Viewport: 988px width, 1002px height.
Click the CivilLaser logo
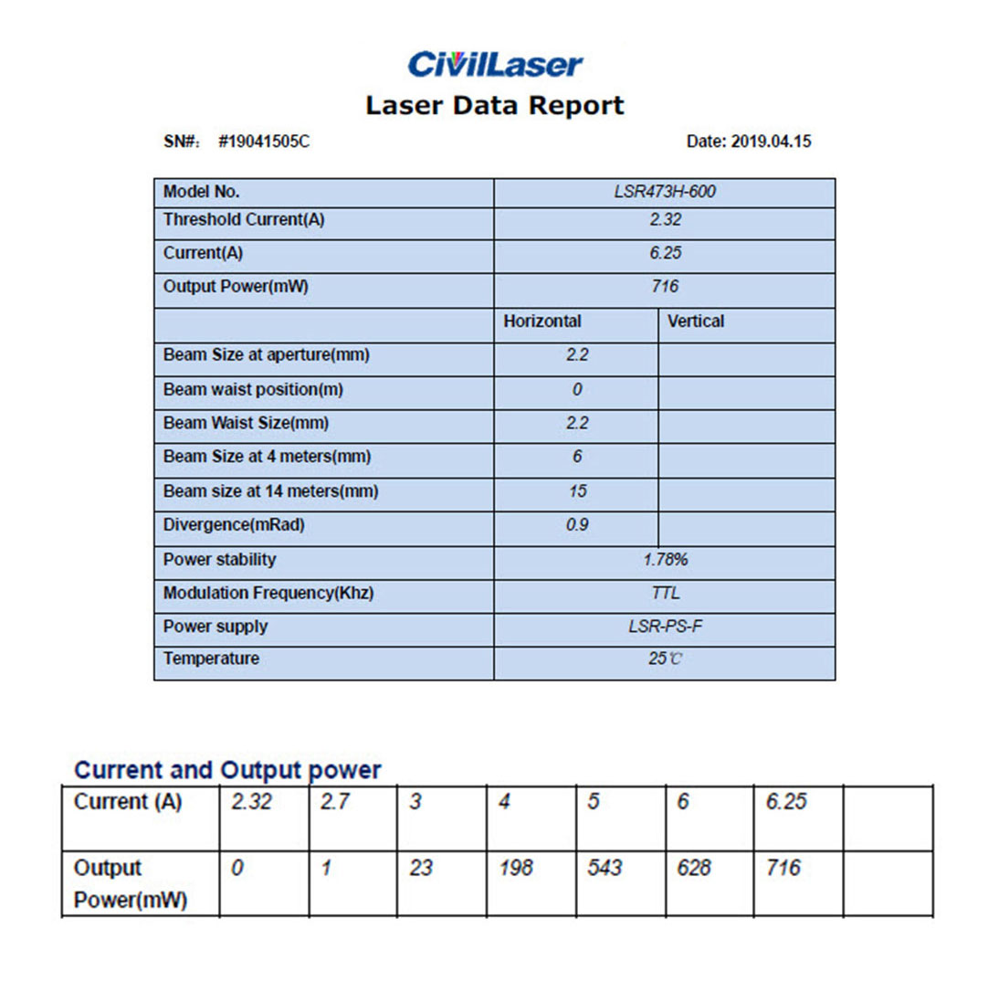click(494, 64)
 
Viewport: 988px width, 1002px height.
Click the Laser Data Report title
click(494, 105)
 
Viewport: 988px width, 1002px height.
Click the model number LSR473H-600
click(664, 193)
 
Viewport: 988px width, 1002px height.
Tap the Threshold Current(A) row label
click(244, 220)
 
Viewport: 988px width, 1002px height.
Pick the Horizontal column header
click(542, 322)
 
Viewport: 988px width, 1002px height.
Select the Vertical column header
click(696, 322)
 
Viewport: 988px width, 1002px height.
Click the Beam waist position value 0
click(576, 390)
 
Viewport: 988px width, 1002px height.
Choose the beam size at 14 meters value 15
click(577, 491)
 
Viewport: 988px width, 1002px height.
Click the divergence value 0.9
click(577, 526)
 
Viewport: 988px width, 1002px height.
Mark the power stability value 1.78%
click(664, 559)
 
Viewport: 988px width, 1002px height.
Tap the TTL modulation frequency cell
click(665, 593)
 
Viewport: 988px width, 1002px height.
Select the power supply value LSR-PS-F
click(664, 627)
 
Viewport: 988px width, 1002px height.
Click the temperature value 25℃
click(665, 659)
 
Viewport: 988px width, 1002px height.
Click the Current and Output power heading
click(226, 770)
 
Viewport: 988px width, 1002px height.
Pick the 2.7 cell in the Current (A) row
click(334, 803)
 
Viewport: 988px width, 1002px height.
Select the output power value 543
click(604, 868)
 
